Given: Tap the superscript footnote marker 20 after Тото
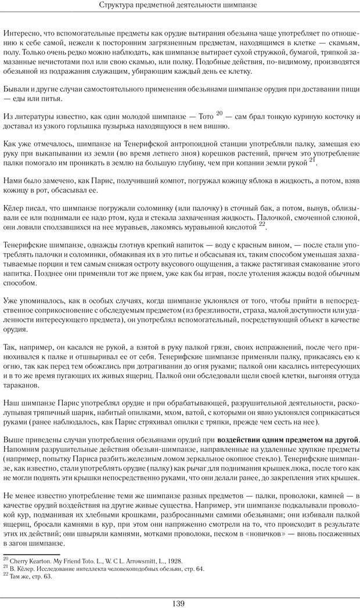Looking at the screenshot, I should (219, 114).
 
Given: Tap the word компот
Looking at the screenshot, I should (144, 181).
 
